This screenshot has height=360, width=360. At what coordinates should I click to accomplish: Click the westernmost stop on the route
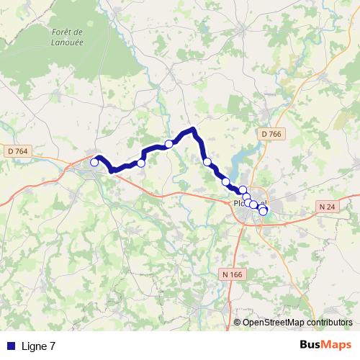point(94,163)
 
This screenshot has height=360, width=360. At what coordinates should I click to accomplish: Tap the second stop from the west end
point(141,163)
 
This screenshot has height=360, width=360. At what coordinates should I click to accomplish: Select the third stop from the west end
point(169,144)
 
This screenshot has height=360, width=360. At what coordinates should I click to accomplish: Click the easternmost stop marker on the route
point(264,211)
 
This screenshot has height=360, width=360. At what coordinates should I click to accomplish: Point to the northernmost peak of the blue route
point(193,130)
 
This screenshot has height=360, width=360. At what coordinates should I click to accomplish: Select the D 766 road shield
point(271,134)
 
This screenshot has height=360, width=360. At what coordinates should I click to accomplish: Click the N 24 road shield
point(328,207)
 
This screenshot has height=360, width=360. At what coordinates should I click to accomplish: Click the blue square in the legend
point(11,346)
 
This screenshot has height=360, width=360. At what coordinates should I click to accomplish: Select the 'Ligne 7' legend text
point(39,346)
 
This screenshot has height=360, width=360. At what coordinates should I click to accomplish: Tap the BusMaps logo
point(325,346)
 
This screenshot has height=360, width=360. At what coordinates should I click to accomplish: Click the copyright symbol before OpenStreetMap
point(238,323)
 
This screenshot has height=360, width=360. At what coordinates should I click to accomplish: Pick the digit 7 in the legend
point(53,346)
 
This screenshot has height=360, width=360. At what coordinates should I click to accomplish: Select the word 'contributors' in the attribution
point(330,323)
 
